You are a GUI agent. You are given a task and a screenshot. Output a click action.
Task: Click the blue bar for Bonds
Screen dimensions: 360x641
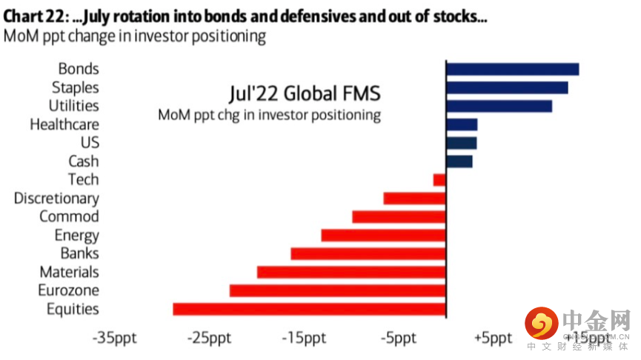[512, 69]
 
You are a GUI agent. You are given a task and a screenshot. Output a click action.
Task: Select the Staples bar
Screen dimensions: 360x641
[507, 87]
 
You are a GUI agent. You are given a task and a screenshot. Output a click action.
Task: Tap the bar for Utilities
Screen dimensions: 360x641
[499, 106]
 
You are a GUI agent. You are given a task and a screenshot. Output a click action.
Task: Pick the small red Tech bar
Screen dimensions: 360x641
[439, 179]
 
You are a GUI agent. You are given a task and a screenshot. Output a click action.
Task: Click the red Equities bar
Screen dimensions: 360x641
[309, 309]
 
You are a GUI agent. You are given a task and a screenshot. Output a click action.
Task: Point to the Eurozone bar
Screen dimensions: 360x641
[337, 290]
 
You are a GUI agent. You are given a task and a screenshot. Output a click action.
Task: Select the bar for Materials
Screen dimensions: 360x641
[351, 272]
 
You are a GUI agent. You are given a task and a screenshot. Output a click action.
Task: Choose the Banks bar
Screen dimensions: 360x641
[368, 253]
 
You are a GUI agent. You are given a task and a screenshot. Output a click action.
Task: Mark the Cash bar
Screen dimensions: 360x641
[459, 161]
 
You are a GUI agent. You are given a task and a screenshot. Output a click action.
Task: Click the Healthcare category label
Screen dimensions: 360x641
[64, 124]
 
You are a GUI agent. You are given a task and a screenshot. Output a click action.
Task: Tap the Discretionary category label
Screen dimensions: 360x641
[56, 199]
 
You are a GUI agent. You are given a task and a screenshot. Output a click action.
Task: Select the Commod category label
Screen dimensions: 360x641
[69, 217]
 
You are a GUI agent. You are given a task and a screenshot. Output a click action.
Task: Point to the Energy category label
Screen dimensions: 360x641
[76, 236]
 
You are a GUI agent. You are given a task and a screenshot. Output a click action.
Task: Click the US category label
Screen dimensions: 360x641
[89, 142]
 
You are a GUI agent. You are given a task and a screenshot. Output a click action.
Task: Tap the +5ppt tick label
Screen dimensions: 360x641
[492, 338]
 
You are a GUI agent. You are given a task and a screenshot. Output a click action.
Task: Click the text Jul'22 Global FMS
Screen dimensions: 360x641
[303, 94]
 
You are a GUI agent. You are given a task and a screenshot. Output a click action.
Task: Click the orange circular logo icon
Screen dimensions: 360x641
[541, 323]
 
